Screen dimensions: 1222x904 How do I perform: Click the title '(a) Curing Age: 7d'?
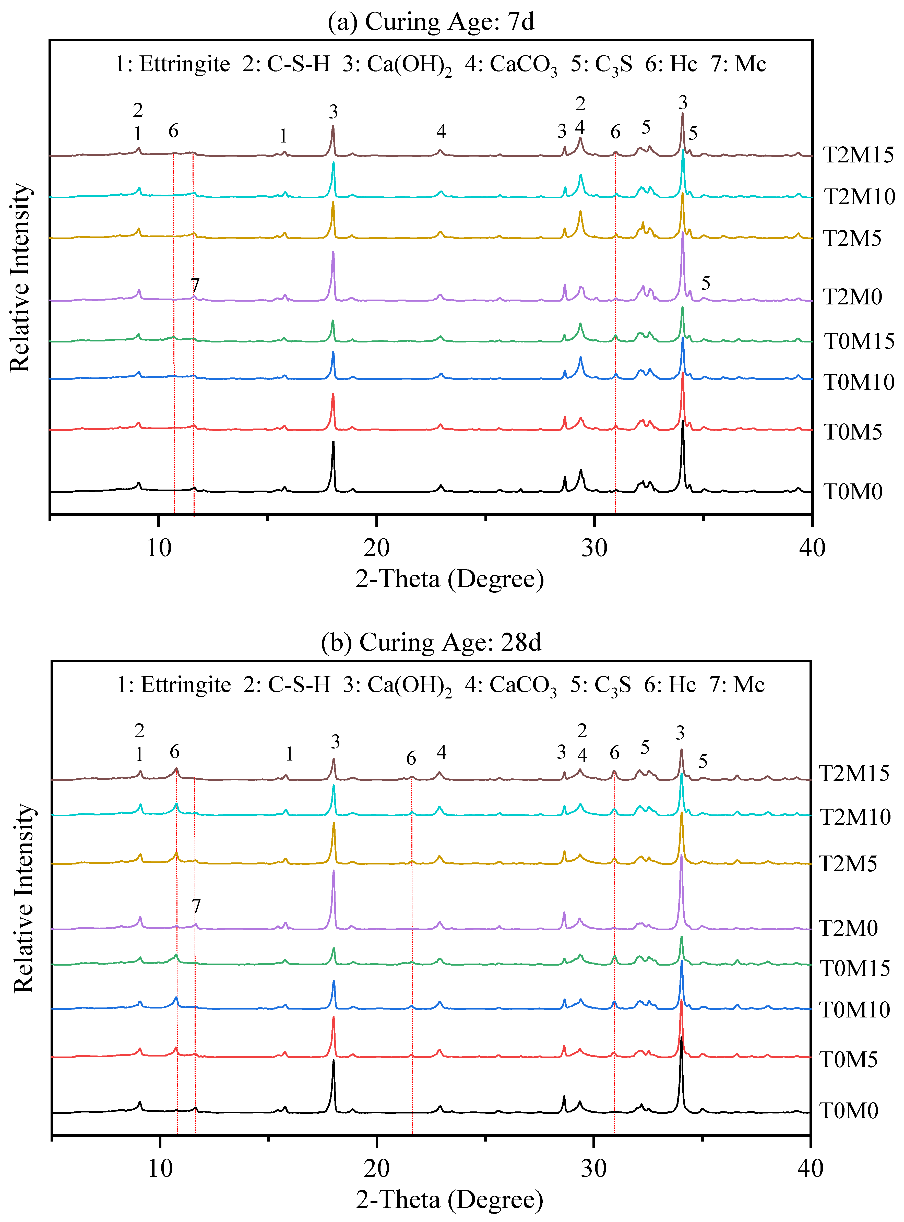point(431,22)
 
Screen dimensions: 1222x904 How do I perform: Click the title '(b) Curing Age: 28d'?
point(431,642)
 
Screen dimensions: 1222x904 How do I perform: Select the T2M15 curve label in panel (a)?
point(858,156)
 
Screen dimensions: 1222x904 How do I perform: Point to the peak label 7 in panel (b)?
point(196,906)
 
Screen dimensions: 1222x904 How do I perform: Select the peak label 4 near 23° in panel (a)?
point(441,131)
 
